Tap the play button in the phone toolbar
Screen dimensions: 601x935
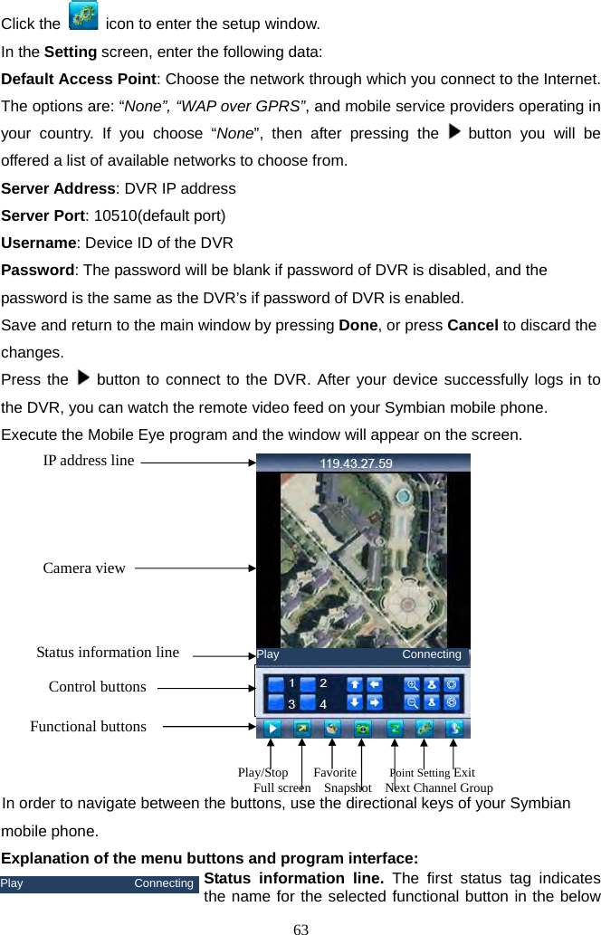[x=271, y=728]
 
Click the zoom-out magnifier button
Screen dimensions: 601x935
[x=413, y=702]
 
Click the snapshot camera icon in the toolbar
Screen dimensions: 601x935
[x=362, y=728]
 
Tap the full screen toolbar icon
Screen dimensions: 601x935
[x=301, y=728]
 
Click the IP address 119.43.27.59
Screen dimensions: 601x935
[x=356, y=463]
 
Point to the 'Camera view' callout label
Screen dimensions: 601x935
[x=84, y=568]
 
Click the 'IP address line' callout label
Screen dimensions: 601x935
[x=89, y=461]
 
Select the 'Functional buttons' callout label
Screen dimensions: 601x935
[x=88, y=726]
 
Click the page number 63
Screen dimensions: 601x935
[x=301, y=928]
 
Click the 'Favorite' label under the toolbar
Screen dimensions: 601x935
[x=335, y=773]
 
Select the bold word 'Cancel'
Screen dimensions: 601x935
[x=472, y=325]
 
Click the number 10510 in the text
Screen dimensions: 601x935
[x=115, y=216]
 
